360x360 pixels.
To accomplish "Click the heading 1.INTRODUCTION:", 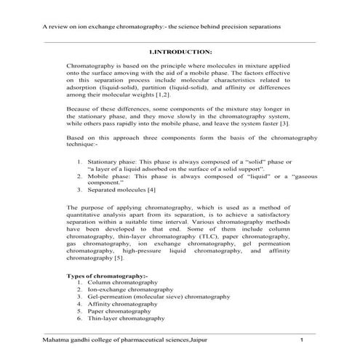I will click(x=180, y=52).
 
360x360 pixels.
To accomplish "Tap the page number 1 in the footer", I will click(x=300, y=340).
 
